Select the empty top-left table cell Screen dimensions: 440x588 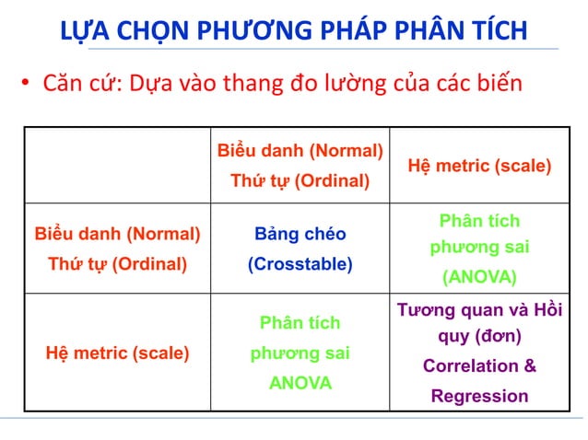117,166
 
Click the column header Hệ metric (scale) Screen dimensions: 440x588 479,167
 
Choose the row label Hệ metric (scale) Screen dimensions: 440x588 117,352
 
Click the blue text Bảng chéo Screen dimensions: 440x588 300,234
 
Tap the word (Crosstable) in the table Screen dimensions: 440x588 300,264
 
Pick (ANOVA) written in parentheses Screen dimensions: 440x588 479,277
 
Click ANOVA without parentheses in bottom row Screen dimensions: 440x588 300,383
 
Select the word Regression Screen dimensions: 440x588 479,397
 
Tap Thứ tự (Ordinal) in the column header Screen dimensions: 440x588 300,180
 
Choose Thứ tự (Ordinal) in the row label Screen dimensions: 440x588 117,264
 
